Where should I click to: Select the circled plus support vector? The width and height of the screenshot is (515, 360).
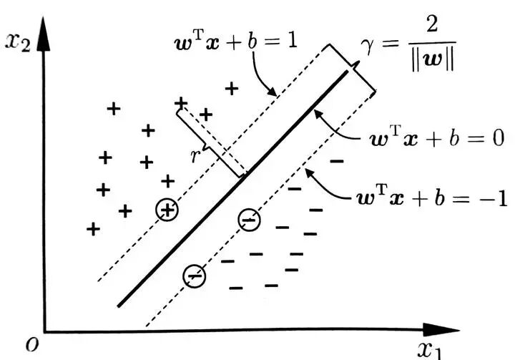point(167,209)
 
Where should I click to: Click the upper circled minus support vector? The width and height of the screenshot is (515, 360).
point(249,220)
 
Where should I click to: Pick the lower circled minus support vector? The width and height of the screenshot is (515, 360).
point(195,275)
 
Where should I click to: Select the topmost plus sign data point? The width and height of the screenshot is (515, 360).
point(231,89)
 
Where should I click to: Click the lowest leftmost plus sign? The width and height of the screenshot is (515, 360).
point(92,229)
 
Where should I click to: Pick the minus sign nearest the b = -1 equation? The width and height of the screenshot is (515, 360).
point(336,162)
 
